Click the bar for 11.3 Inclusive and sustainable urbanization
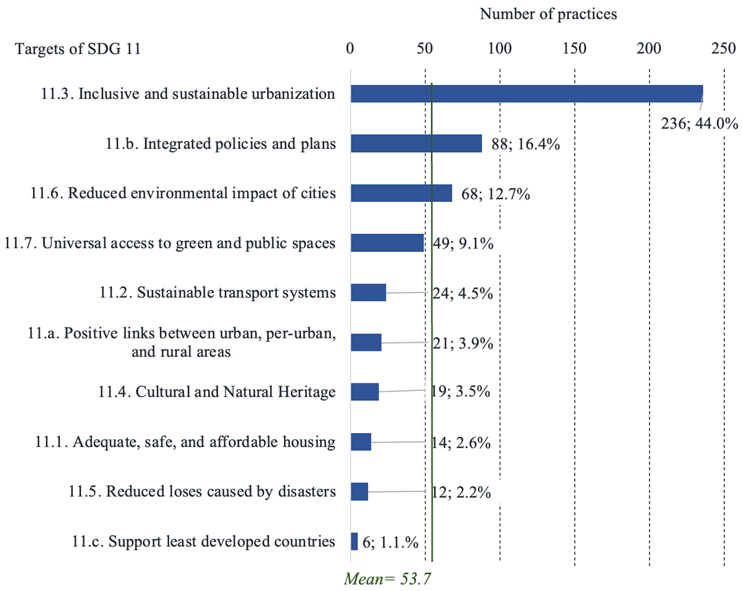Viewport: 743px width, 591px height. tap(527, 94)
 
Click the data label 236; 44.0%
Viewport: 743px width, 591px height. tap(699, 123)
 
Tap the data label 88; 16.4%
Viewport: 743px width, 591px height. tap(526, 144)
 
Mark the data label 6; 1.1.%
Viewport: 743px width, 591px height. tap(390, 542)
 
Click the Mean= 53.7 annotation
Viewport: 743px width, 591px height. tap(387, 579)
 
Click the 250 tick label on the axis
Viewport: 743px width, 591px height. tap(723, 49)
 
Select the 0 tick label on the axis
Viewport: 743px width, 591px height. tap(350, 49)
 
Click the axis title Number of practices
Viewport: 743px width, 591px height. tap(548, 14)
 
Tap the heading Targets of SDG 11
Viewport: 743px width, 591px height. tap(78, 49)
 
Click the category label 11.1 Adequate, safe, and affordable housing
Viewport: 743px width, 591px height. tap(185, 442)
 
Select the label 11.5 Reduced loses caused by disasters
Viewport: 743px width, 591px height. tap(202, 491)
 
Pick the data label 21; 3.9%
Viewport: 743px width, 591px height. tap(463, 343)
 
